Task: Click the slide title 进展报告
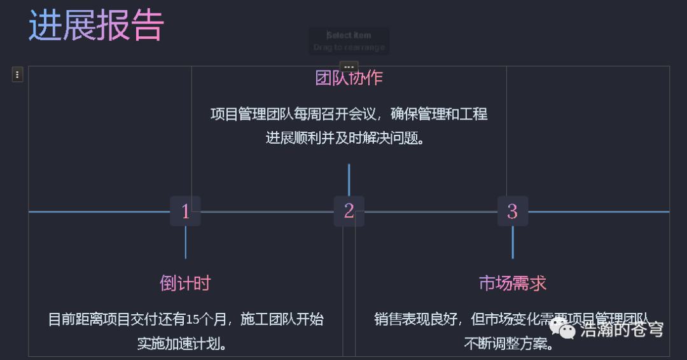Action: [96, 26]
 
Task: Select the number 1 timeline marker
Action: [185, 211]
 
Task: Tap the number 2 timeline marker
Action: [349, 211]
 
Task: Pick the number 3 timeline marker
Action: [513, 211]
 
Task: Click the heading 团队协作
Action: [349, 78]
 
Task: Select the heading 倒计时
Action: [185, 283]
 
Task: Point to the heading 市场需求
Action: [513, 283]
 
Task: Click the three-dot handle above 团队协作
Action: [349, 67]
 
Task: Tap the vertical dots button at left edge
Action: [18, 74]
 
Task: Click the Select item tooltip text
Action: [349, 36]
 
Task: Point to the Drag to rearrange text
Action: [349, 48]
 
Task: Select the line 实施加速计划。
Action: [185, 343]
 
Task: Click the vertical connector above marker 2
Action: [349, 179]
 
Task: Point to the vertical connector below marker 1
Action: [185, 242]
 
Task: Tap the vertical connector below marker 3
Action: [513, 242]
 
